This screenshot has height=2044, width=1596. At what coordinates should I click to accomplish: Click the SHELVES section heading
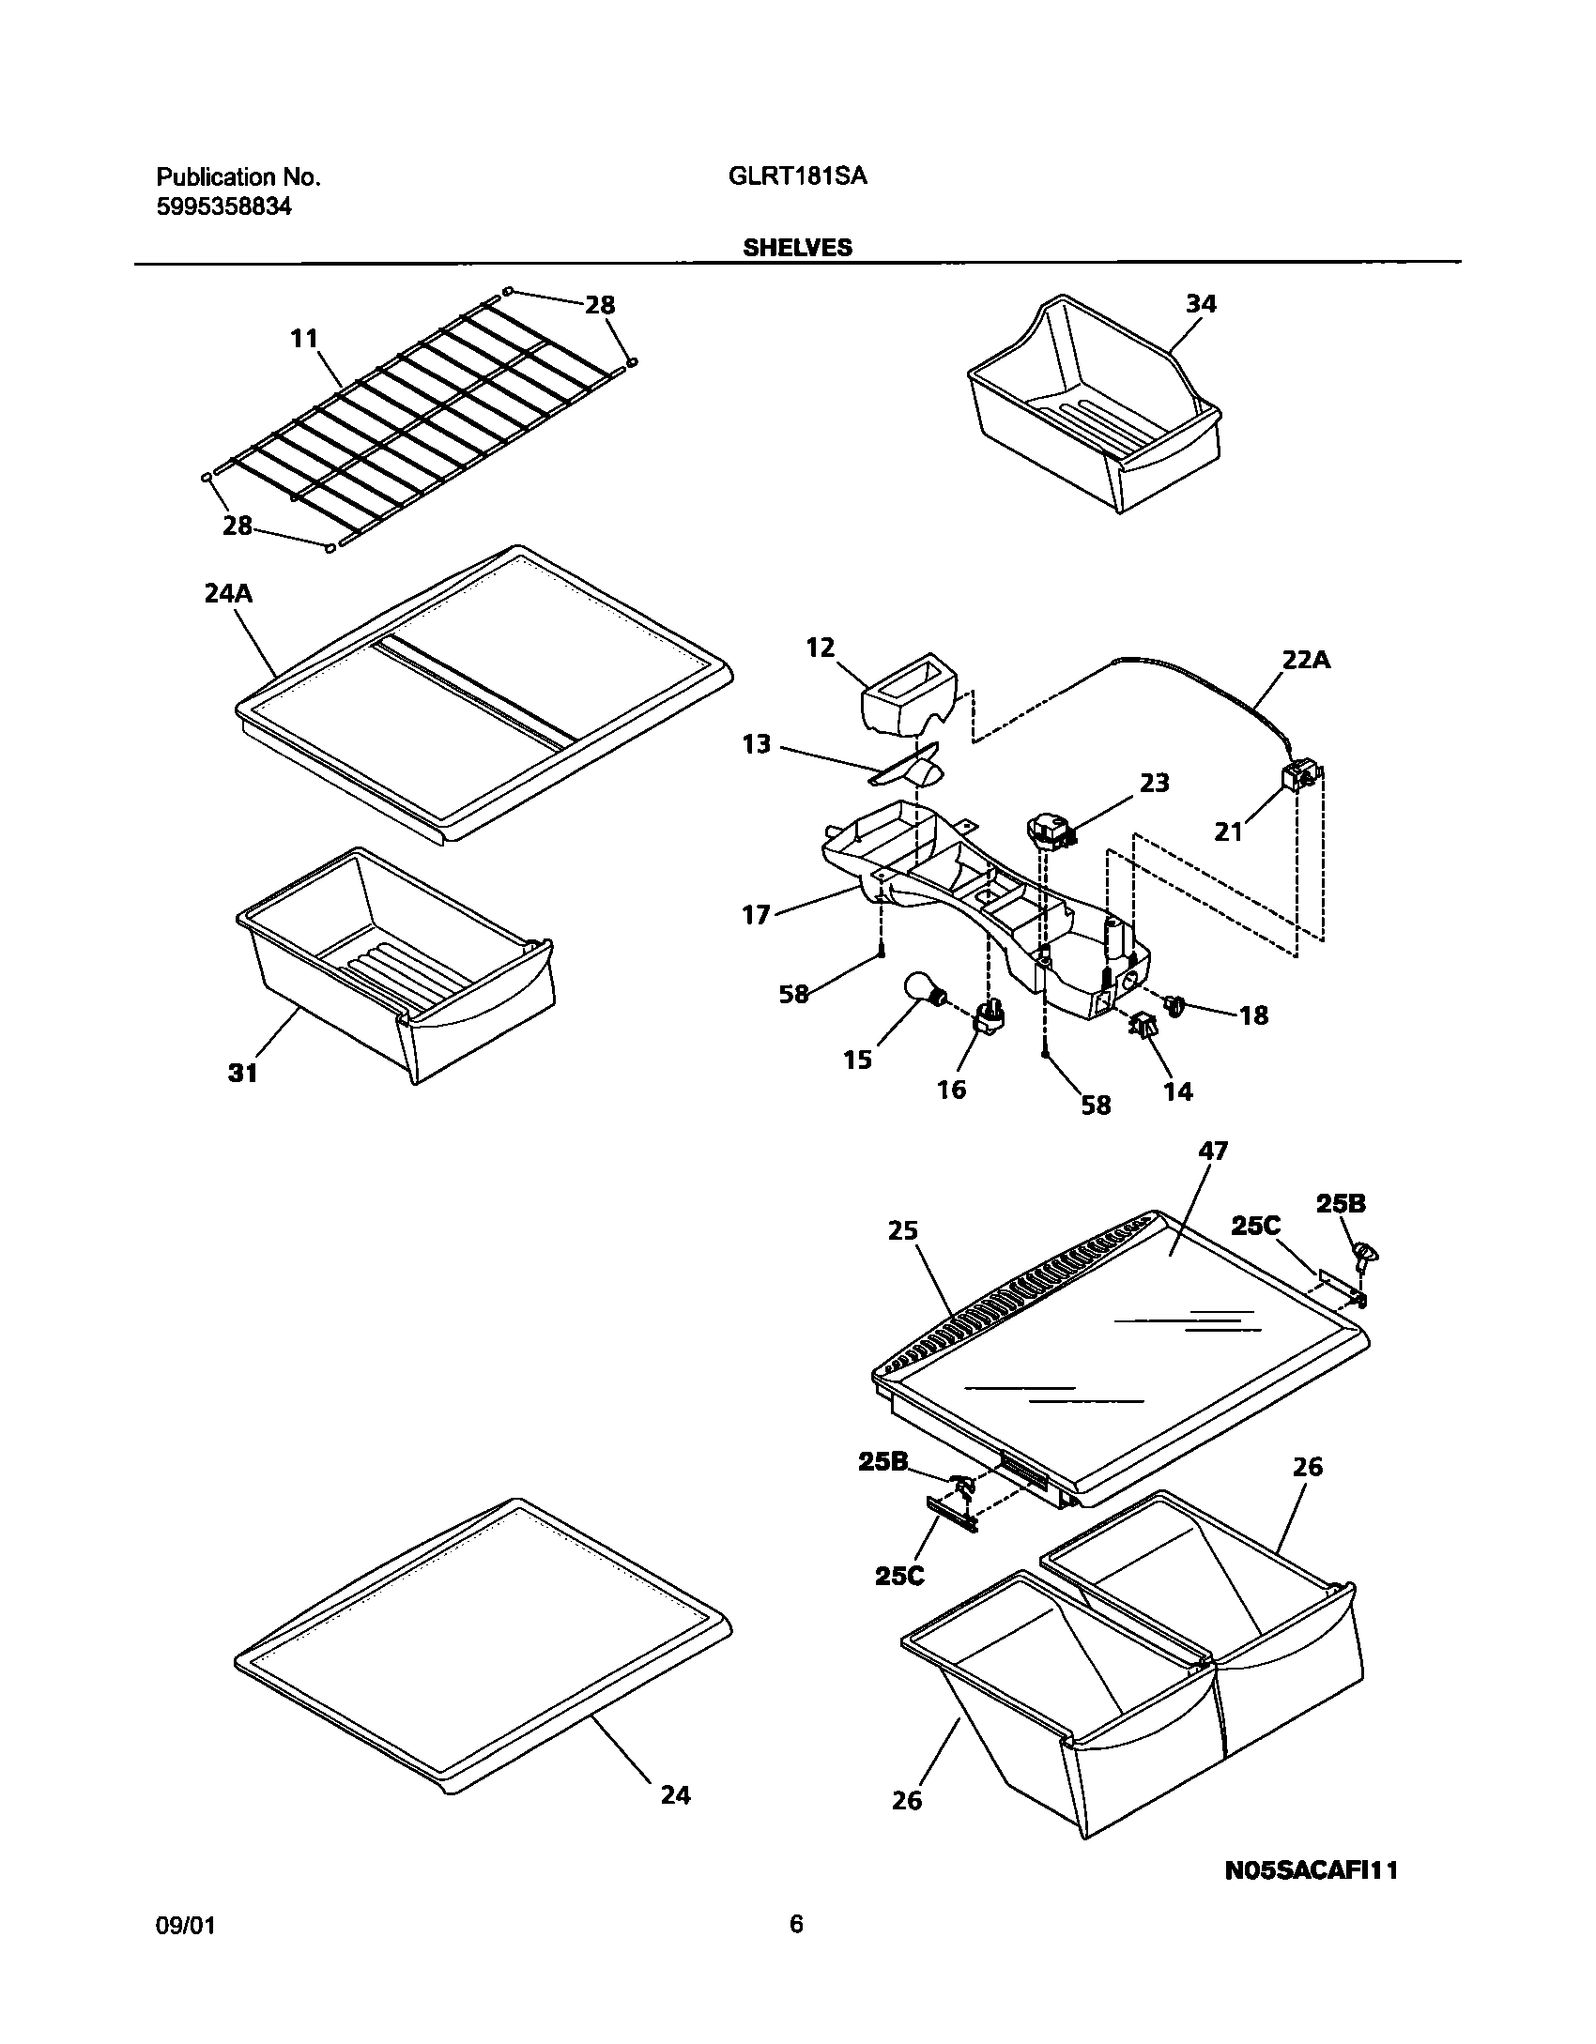click(797, 248)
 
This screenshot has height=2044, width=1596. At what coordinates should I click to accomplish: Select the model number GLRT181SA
click(797, 176)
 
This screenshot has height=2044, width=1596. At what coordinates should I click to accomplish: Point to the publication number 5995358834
click(223, 207)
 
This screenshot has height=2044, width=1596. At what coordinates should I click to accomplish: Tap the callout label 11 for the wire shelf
click(304, 339)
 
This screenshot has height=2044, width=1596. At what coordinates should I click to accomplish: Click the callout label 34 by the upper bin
click(1200, 304)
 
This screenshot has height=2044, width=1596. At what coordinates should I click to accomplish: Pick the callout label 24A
click(229, 593)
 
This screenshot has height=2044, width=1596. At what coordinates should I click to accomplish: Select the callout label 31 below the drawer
click(243, 1073)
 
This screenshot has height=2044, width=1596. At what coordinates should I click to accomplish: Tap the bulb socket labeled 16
click(989, 1017)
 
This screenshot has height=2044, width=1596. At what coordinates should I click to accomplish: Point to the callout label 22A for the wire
click(1306, 661)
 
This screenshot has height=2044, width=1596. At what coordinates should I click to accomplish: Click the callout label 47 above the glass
click(1214, 1151)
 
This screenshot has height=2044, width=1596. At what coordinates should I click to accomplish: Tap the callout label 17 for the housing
click(756, 914)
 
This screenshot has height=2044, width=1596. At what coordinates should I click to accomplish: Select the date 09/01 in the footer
click(186, 1926)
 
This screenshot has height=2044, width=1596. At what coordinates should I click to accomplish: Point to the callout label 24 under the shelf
click(675, 1795)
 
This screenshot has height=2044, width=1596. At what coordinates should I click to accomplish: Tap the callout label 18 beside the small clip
click(1253, 1015)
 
